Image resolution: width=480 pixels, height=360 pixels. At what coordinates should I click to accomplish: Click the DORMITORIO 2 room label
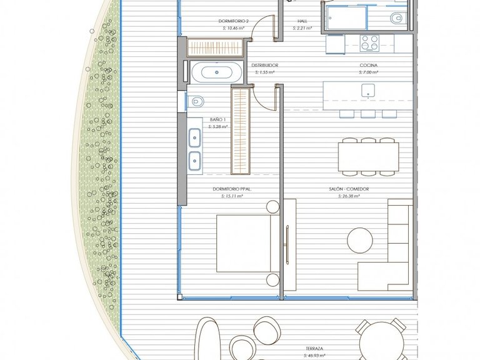(233, 21)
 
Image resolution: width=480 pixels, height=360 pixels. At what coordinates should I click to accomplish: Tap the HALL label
(302, 21)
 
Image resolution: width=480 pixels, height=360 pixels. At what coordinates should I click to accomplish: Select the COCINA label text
(369, 65)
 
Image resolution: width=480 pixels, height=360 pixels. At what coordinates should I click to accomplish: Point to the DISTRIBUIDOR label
(265, 65)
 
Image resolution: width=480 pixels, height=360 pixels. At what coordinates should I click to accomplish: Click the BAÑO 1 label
(218, 119)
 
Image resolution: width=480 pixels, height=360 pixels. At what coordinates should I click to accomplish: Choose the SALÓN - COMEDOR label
(349, 189)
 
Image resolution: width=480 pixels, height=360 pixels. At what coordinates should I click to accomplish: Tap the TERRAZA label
(314, 348)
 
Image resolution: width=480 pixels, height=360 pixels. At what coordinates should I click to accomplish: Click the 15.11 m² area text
(232, 196)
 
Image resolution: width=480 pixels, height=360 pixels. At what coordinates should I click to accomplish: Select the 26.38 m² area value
(349, 196)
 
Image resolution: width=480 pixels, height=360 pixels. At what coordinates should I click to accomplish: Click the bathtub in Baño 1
(217, 72)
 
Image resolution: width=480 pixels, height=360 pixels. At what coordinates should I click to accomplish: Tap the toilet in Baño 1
(196, 101)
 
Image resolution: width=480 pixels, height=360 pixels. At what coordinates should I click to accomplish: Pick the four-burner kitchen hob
(369, 43)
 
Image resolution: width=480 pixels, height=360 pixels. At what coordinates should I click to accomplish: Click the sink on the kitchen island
(368, 91)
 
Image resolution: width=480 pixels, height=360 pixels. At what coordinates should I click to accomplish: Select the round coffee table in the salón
(360, 240)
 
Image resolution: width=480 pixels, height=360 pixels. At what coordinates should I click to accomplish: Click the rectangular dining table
(369, 157)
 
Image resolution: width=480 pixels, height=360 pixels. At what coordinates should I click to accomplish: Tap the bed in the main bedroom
(247, 243)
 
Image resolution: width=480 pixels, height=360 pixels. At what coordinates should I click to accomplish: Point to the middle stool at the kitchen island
(368, 114)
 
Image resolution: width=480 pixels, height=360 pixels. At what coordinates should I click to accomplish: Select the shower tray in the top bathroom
(346, 18)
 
